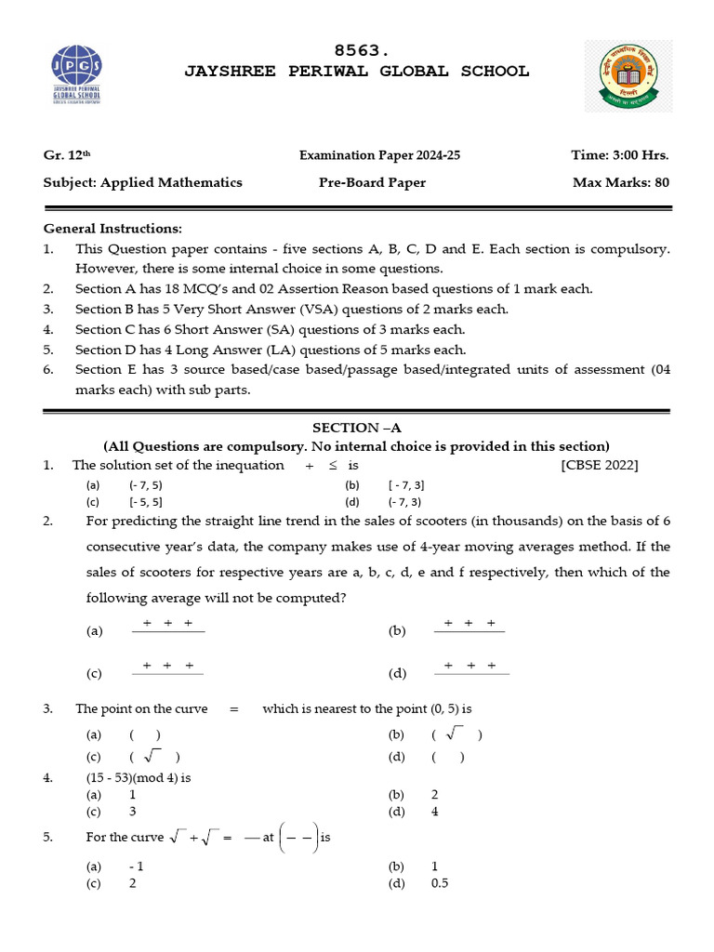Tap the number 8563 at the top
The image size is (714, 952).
coord(357,51)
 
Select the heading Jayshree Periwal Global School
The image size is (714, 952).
coord(357,72)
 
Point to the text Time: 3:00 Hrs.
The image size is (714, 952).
coord(620,155)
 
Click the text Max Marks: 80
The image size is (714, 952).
coord(620,182)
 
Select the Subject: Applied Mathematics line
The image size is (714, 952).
coord(142,182)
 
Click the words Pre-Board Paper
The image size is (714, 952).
coord(372,182)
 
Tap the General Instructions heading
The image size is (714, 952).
coord(113,229)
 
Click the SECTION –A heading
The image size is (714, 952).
coord(356,428)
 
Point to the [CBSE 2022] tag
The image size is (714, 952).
coord(600,465)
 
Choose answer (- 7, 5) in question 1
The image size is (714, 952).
coord(146,485)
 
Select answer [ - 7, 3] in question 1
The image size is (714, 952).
coord(406,485)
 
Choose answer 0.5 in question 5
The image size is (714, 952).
coord(440,883)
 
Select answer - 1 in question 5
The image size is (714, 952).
coord(136,866)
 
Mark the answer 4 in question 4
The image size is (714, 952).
coord(435,812)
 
